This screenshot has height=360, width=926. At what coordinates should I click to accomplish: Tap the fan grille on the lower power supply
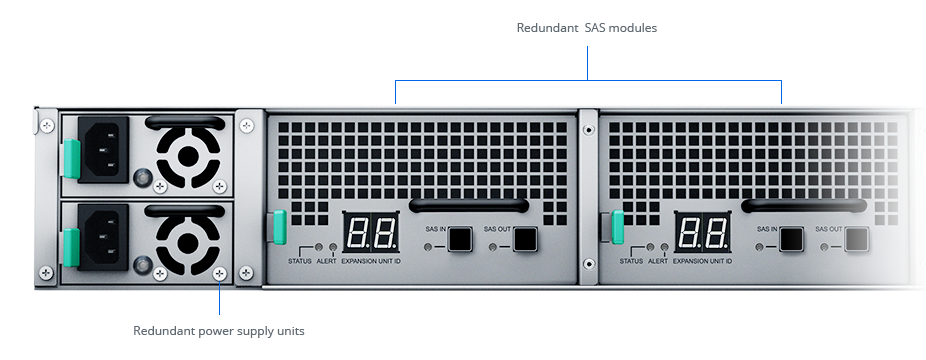pyautogui.click(x=187, y=240)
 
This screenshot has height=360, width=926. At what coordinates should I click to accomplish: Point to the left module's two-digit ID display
pyautogui.click(x=371, y=233)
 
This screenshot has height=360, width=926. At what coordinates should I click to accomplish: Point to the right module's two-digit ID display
pyautogui.click(x=702, y=233)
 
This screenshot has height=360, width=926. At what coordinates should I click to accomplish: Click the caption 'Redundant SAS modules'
pyautogui.click(x=586, y=28)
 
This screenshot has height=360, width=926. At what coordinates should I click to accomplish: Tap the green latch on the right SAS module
pyautogui.click(x=617, y=227)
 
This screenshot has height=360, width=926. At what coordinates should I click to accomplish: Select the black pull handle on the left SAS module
pyautogui.click(x=470, y=205)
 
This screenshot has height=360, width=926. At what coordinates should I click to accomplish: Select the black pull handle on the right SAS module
pyautogui.click(x=802, y=205)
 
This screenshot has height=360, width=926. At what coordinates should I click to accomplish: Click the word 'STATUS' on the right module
pyautogui.click(x=631, y=261)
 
